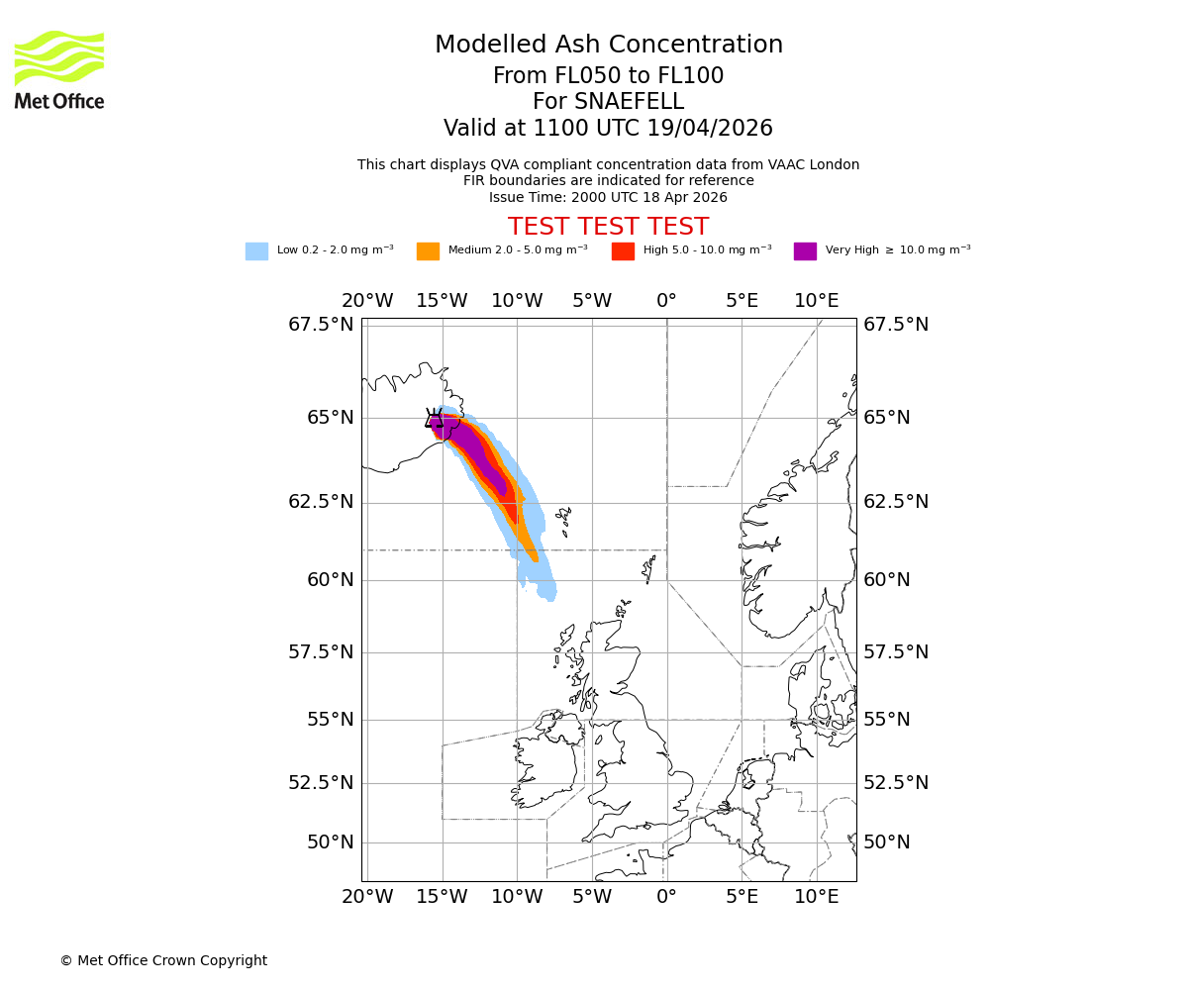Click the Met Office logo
point(59,69)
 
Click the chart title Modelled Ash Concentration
point(608,45)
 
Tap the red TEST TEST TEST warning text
point(608,227)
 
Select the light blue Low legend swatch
point(256,250)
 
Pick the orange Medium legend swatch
point(428,250)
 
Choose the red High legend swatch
point(623,250)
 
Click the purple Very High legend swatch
point(805,250)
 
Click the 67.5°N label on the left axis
point(320,325)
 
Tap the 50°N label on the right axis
point(886,842)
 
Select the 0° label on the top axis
point(666,301)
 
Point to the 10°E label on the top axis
point(816,301)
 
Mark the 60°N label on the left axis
point(330,580)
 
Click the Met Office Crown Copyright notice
point(163,960)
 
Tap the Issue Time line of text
point(608,197)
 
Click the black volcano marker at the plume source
point(435,419)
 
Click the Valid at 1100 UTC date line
point(608,129)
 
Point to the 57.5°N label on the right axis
point(896,652)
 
